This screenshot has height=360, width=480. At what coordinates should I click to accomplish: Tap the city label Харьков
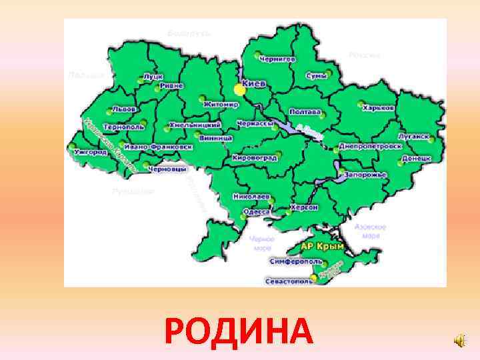380,107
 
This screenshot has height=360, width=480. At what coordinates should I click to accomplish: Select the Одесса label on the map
257,211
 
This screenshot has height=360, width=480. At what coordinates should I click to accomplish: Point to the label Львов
125,109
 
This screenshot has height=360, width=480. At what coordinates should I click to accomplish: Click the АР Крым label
317,247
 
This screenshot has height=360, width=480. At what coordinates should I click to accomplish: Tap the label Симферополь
292,262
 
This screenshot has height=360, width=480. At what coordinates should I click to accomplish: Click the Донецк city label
417,159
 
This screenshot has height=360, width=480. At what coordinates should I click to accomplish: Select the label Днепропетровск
371,145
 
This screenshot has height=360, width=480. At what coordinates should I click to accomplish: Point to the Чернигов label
278,59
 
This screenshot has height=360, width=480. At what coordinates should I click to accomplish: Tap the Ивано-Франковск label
158,146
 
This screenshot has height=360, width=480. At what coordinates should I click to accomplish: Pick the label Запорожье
366,174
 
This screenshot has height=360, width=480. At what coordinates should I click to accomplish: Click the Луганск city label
414,135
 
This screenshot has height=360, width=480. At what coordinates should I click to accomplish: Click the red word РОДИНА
238,331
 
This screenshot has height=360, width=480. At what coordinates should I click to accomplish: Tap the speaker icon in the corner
460,341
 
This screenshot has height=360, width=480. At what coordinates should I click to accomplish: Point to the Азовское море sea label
370,231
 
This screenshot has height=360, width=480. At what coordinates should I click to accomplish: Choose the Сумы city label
317,76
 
